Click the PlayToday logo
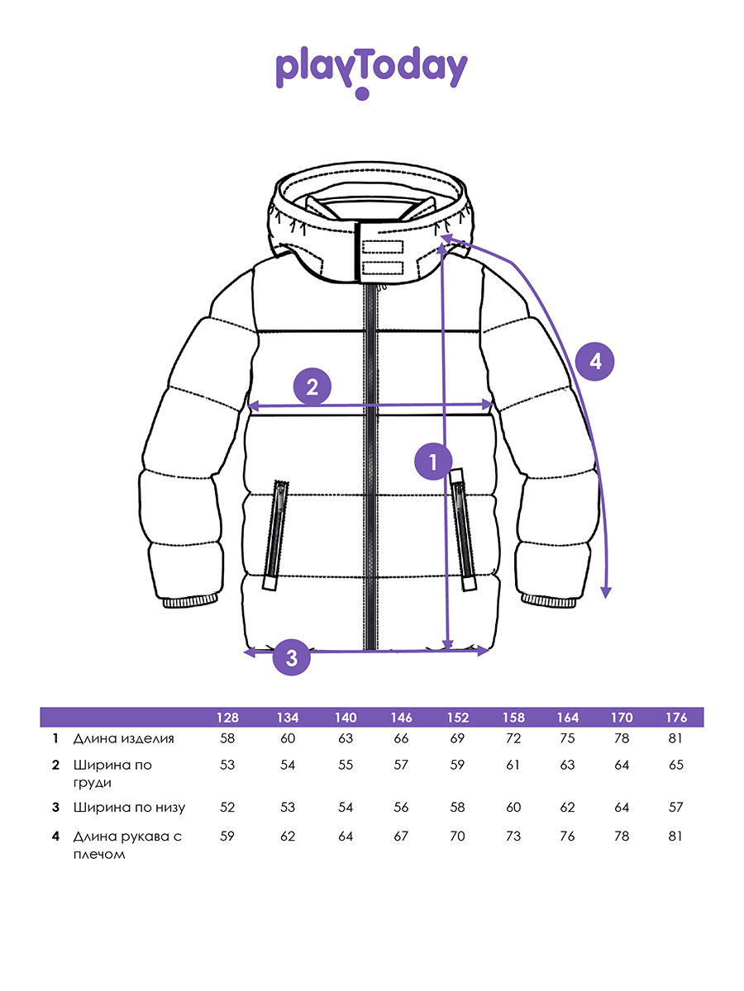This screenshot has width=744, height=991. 371,71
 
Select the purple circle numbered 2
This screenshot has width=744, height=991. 312,386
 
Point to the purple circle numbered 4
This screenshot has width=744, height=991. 596,361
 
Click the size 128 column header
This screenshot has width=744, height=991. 228,717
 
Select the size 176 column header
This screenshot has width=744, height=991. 676,717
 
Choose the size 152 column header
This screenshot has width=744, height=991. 457,717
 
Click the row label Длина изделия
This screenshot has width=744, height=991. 124,738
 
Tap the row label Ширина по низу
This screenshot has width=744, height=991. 129,807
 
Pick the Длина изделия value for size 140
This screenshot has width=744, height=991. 346,738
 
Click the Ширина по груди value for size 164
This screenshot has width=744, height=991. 567,765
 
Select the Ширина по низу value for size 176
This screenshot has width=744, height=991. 676,807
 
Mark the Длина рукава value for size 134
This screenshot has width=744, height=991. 288,836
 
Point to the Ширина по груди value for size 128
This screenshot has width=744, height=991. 228,765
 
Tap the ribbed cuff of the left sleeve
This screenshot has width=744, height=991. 191,600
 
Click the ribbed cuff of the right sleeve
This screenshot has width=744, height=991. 549,600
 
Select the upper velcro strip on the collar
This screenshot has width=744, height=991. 381,246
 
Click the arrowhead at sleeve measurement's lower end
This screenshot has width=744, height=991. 606,591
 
